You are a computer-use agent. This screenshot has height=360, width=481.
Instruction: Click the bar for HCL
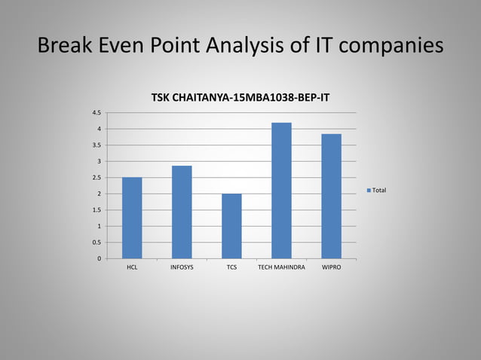tap(132, 218)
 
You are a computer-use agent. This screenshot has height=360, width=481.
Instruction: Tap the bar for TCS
tap(231, 226)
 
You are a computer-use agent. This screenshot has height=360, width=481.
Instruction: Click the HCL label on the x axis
tap(132, 267)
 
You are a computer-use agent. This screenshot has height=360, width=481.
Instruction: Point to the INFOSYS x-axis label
tap(182, 267)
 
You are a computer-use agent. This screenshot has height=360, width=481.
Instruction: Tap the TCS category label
tap(231, 267)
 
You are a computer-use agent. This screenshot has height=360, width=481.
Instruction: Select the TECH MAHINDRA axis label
tap(281, 267)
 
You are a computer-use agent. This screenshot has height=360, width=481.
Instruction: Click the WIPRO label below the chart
tap(331, 267)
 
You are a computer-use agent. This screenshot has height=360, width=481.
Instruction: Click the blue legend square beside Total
tap(369, 191)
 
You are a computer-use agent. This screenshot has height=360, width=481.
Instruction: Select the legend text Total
tap(379, 191)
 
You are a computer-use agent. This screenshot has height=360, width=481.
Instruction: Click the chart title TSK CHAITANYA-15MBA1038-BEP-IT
tap(240, 99)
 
